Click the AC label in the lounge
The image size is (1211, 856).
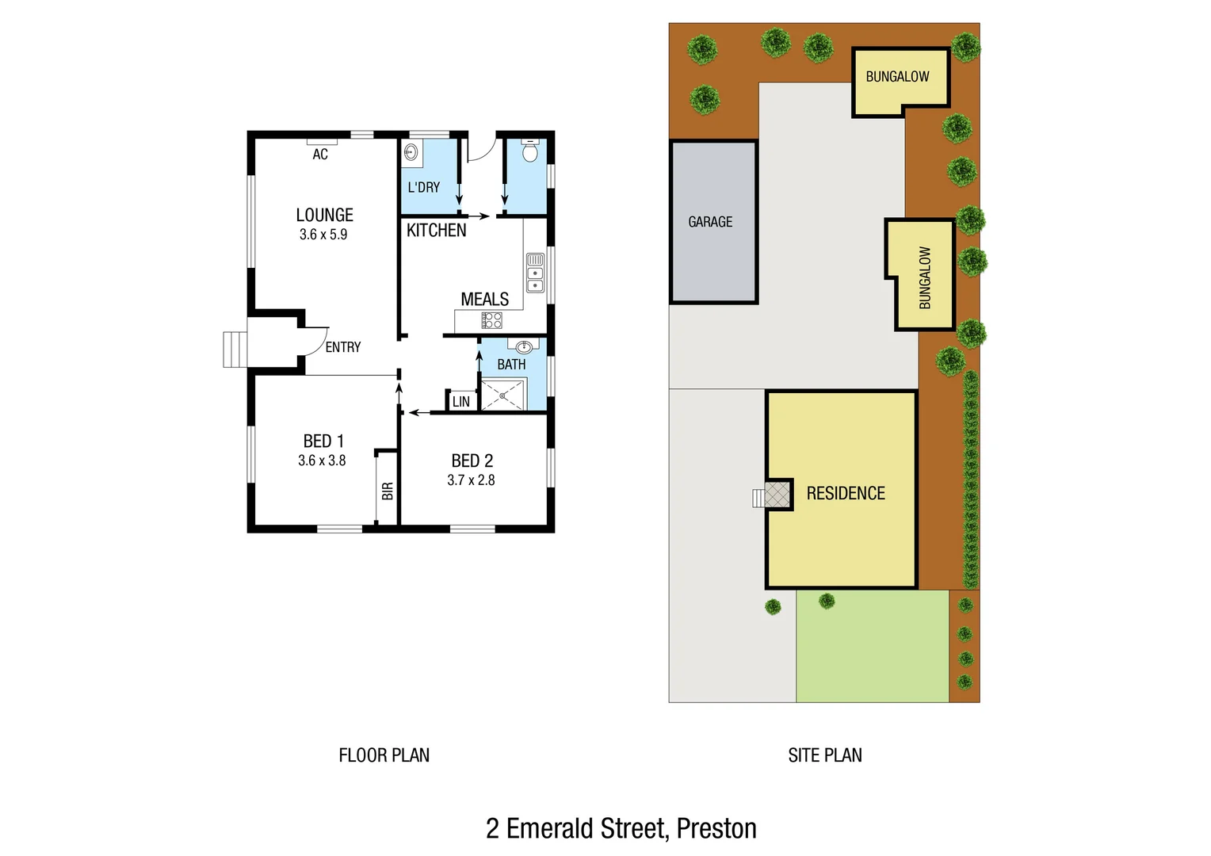pos(320,155)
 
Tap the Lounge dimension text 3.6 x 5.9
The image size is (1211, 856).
pos(323,235)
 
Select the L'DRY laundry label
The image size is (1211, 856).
pos(423,188)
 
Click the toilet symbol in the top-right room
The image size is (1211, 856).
pos(529,151)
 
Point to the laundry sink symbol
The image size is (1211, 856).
pos(411,153)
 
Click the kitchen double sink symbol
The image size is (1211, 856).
pos(536,272)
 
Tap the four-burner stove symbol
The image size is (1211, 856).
pos(491,320)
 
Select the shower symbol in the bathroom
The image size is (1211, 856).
pos(502,395)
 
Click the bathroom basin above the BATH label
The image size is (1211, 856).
pos(523,346)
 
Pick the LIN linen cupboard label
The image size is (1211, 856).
pos(461,402)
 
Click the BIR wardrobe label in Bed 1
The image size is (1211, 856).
pos(388,491)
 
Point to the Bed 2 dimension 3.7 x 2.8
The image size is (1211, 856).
pos(471,480)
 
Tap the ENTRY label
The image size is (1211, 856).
pos(342,347)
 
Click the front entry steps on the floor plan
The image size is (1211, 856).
pos(235,350)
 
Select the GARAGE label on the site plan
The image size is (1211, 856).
pos(710,222)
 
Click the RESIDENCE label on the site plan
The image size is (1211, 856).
pos(846,494)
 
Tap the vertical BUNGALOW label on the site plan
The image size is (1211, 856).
pos(925,277)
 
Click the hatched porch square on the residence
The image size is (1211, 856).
pos(777,495)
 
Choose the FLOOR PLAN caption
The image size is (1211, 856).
pos(384,755)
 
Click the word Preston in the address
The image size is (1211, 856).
pos(716,828)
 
